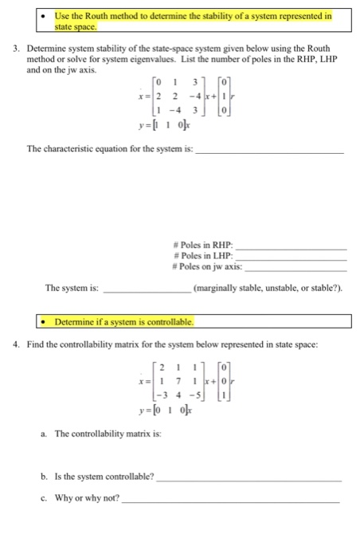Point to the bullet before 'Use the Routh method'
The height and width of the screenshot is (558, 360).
[x=47, y=15]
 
